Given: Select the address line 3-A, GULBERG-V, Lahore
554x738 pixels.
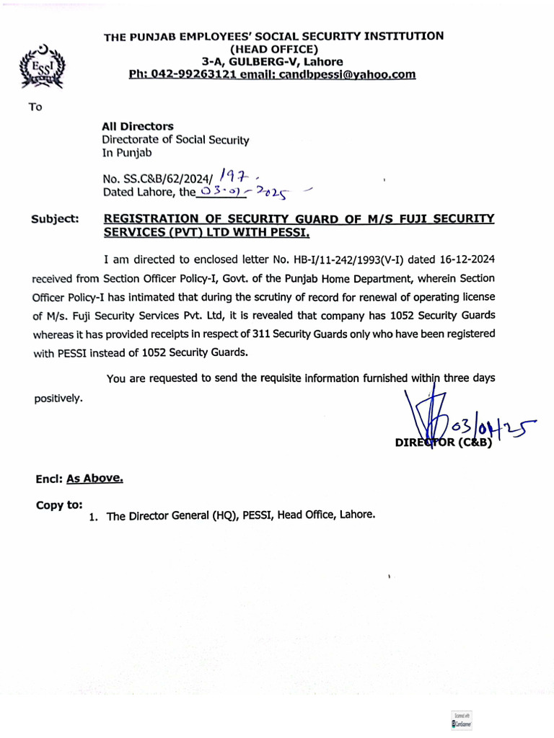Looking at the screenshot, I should point(272,61).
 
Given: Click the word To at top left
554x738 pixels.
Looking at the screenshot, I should point(35,107).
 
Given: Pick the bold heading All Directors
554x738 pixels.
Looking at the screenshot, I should point(137,126).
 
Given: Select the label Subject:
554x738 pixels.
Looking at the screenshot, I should point(55,220).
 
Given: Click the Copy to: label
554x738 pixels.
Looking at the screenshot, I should point(59,504).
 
